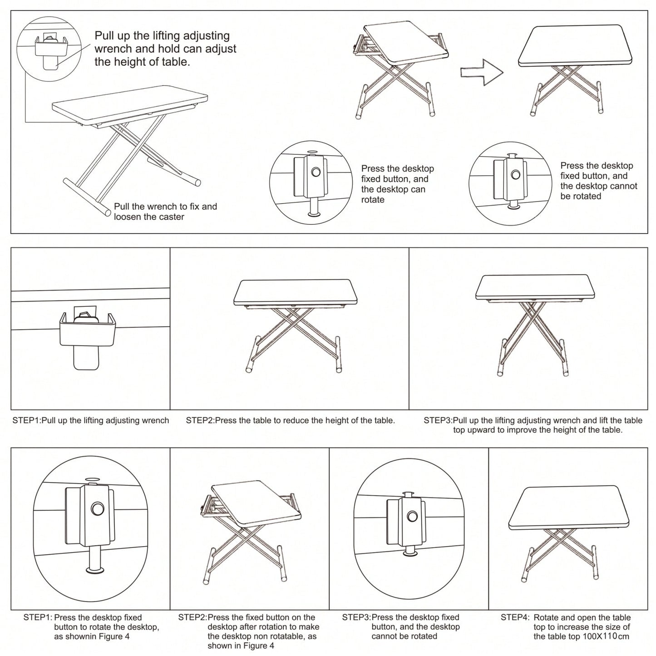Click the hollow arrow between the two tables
[481, 73]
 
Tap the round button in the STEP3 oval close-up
[413, 517]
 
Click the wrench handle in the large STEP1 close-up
[86, 357]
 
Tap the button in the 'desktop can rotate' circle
[316, 172]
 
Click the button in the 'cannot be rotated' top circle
[515, 175]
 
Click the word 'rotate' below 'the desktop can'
[373, 200]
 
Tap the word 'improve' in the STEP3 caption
[523, 429]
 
